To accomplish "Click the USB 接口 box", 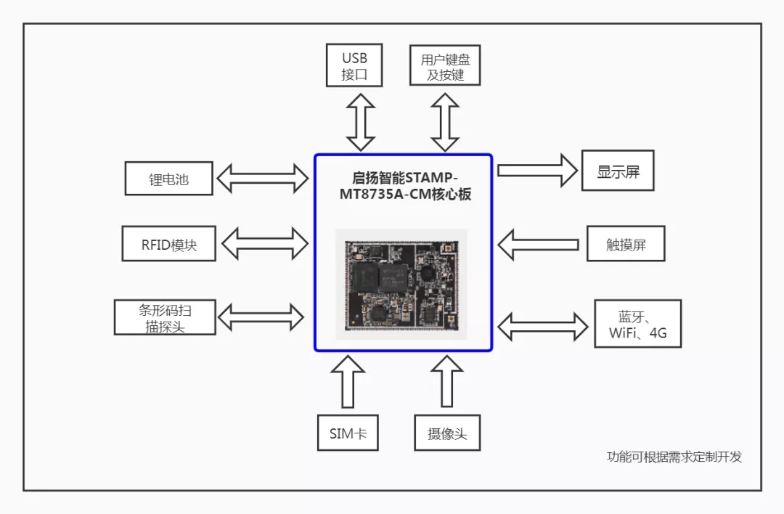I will coord(354,65).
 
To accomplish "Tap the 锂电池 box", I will coord(168,179).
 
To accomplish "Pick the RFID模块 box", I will coord(168,244).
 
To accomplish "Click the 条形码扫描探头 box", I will coord(166,317).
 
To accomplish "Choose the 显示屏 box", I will coord(618,171).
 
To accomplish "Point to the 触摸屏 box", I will coord(626,244).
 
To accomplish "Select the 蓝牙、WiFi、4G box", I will coord(637,325).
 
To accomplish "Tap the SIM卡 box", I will coord(348,433).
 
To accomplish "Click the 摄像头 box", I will coord(446,433).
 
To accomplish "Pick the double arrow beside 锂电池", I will coord(264,178).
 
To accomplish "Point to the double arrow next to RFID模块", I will coord(265,243).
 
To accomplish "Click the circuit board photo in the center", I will coord(401,283).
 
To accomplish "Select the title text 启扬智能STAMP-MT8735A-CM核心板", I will coord(404,186).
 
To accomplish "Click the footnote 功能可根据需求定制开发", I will coord(674,457).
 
